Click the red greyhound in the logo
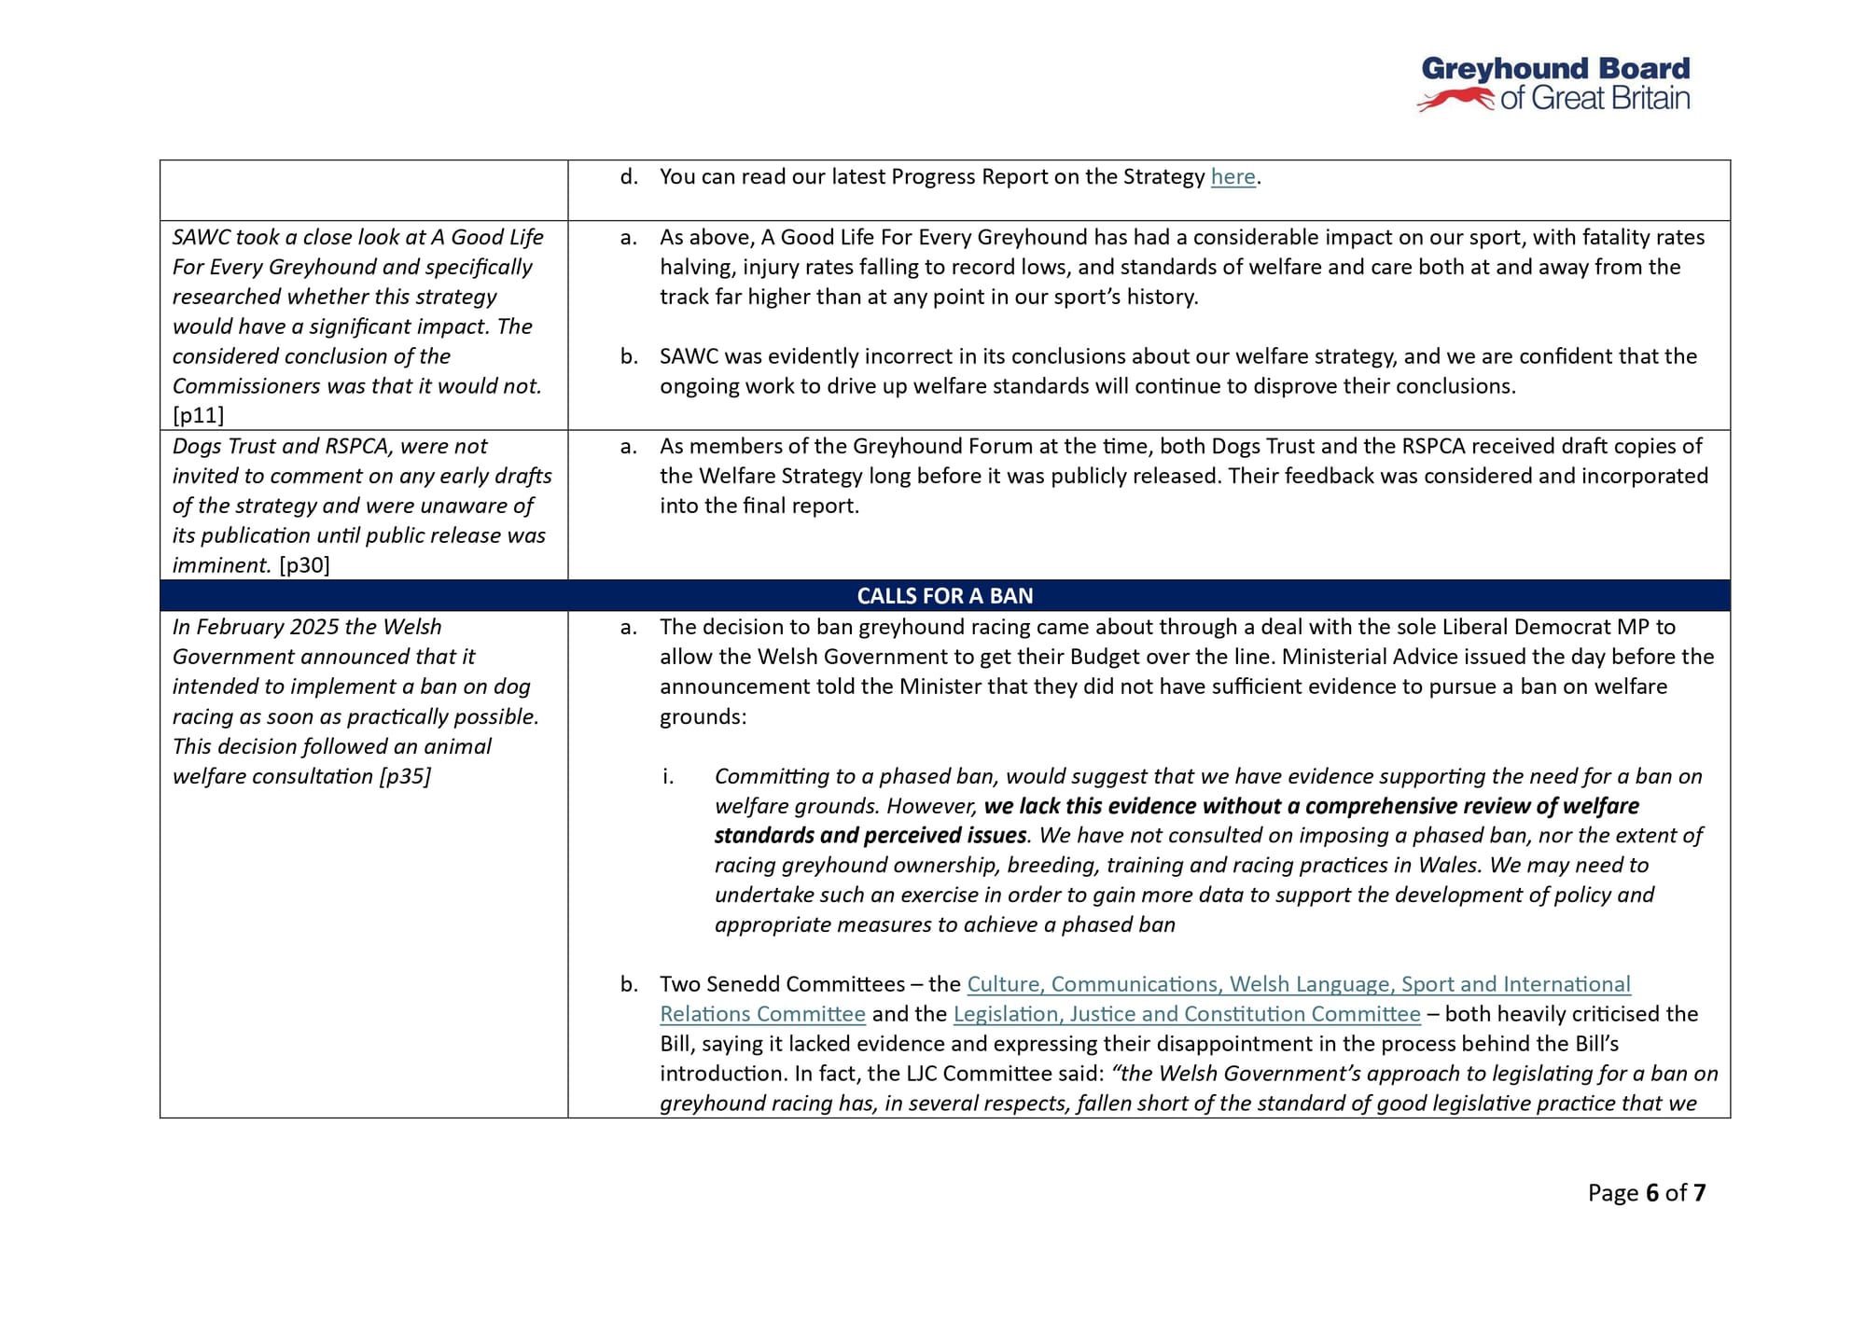[1455, 99]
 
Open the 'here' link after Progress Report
[1232, 177]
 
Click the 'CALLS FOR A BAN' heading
[944, 596]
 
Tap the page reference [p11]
[199, 416]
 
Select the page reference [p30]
[304, 565]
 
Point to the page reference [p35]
[405, 776]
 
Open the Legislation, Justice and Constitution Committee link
[1186, 1014]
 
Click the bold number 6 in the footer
[1652, 1193]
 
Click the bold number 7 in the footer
[1699, 1193]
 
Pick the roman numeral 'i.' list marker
[668, 776]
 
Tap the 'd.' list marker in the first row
[629, 177]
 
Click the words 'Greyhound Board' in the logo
[1555, 69]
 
